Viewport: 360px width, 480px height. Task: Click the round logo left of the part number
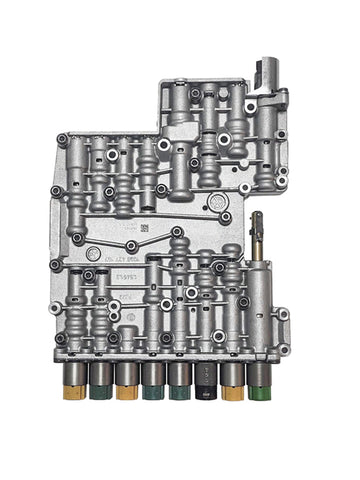pyautogui.click(x=92, y=254)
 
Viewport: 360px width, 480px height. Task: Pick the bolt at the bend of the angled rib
pyautogui.click(x=131, y=246)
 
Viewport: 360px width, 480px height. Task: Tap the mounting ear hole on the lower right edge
pyautogui.click(x=283, y=314)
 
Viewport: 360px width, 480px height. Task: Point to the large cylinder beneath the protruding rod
pyautogui.click(x=258, y=300)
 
